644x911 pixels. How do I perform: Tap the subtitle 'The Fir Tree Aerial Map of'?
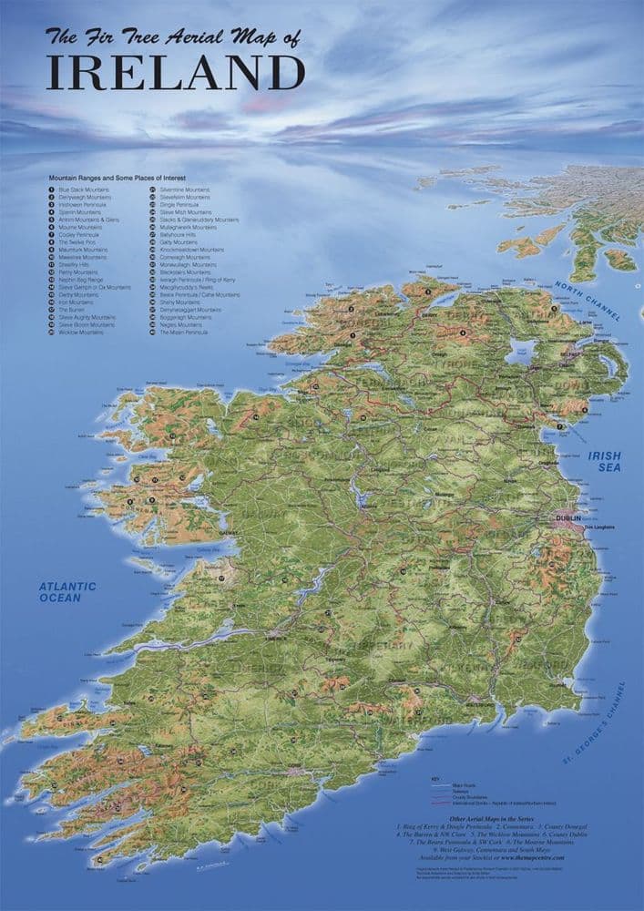(x=173, y=38)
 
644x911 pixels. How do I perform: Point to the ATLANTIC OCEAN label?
(x=67, y=592)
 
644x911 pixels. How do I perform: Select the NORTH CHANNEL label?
(x=588, y=301)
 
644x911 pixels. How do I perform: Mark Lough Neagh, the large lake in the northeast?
(x=521, y=352)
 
